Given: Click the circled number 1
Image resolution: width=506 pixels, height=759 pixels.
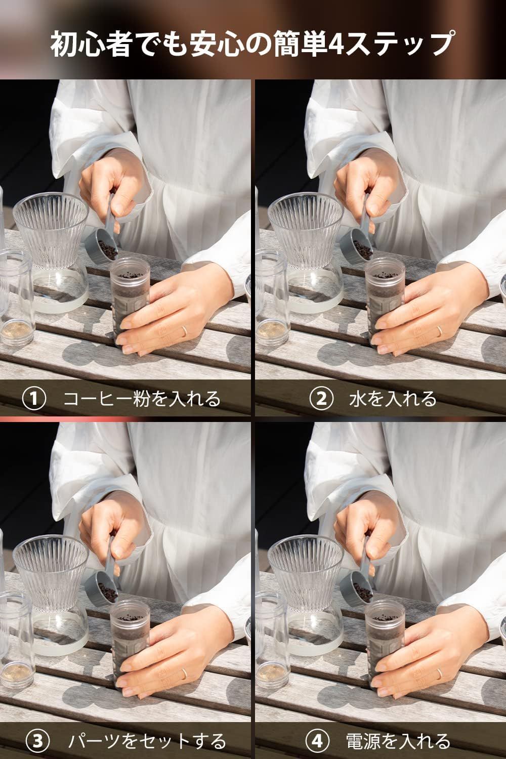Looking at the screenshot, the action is coord(34,399).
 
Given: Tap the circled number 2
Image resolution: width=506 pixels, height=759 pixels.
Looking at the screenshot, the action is coord(321,399).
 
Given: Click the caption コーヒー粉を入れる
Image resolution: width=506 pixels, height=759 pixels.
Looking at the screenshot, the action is coord(142,399).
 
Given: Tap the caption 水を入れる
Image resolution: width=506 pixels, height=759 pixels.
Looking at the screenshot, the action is coord(393,399).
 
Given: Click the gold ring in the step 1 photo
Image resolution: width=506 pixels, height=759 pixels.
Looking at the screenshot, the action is coord(184,331).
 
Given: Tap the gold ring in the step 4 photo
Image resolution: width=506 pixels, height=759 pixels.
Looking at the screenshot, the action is coord(440,674).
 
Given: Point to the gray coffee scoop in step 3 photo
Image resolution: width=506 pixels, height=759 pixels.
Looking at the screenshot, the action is coord(104,579).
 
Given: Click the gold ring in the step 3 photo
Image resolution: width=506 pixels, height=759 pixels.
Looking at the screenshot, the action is coord(184,674).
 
